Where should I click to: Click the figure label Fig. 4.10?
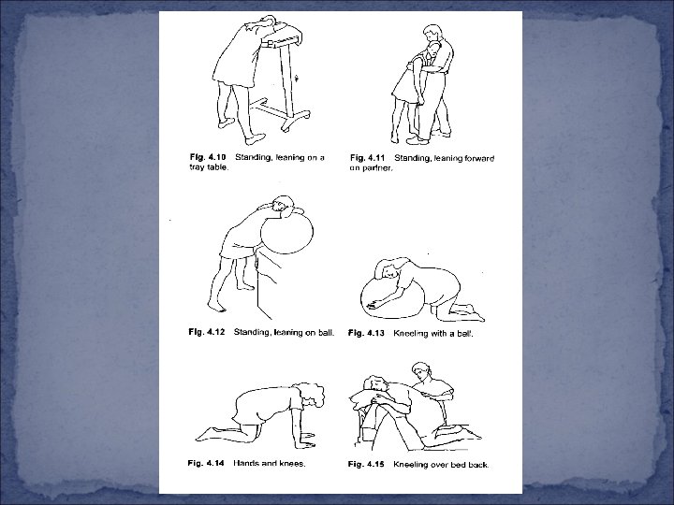208,157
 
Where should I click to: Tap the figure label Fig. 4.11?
368,158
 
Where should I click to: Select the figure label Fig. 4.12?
206,332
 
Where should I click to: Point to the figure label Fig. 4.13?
366,333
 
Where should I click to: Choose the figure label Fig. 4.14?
206,463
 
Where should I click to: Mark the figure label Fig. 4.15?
366,464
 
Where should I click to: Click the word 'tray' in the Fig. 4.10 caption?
196,167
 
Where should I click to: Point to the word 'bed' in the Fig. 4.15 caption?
452,464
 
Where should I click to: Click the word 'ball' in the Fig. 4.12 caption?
326,332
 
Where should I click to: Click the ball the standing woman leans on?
286,232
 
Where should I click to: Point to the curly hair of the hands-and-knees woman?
314,395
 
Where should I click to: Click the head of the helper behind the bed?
421,372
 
